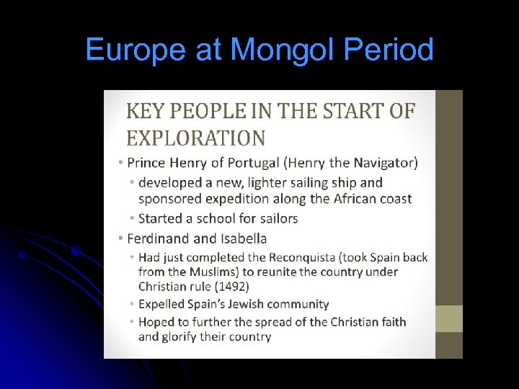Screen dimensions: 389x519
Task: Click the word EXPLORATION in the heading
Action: [x=196, y=137]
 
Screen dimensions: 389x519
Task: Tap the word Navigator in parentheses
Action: [x=379, y=163]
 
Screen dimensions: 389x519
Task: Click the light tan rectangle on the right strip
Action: [x=450, y=318]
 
